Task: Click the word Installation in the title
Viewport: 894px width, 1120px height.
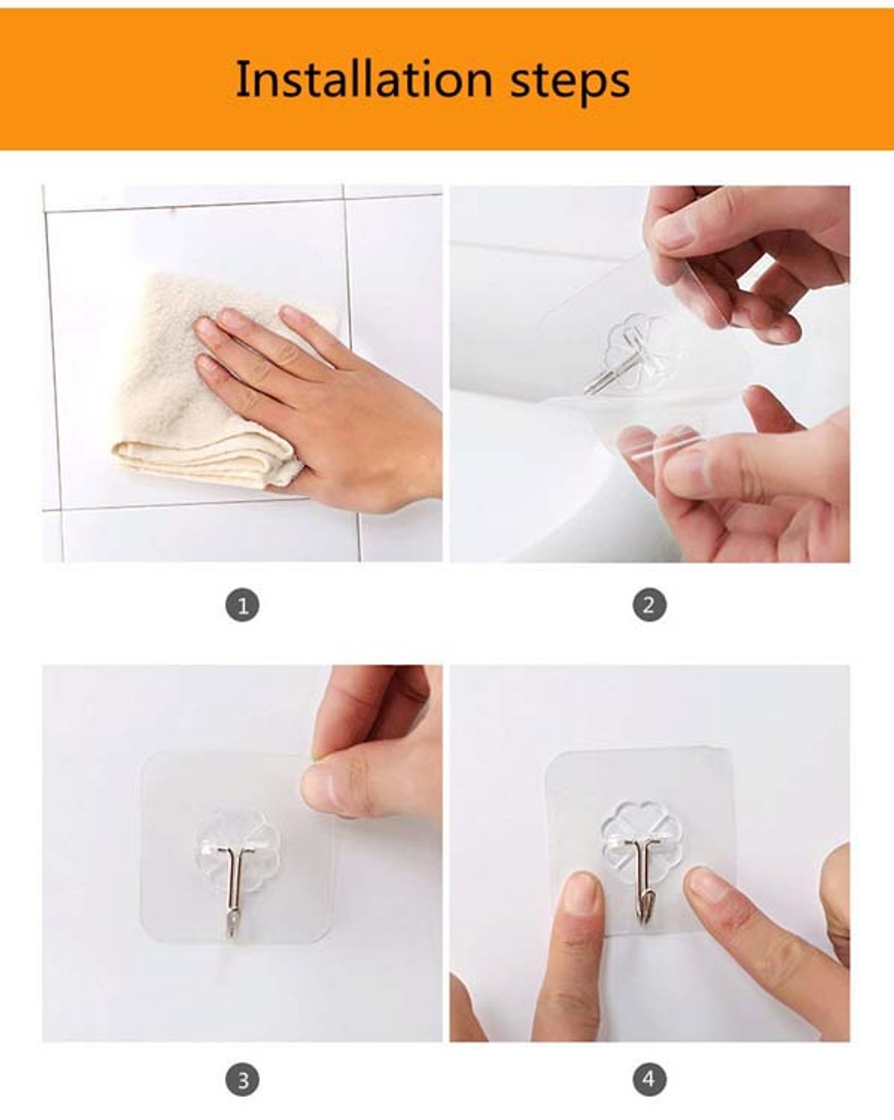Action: [x=364, y=79]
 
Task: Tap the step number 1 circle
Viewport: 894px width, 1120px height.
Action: [x=242, y=605]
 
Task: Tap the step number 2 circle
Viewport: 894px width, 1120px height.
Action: [x=650, y=605]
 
